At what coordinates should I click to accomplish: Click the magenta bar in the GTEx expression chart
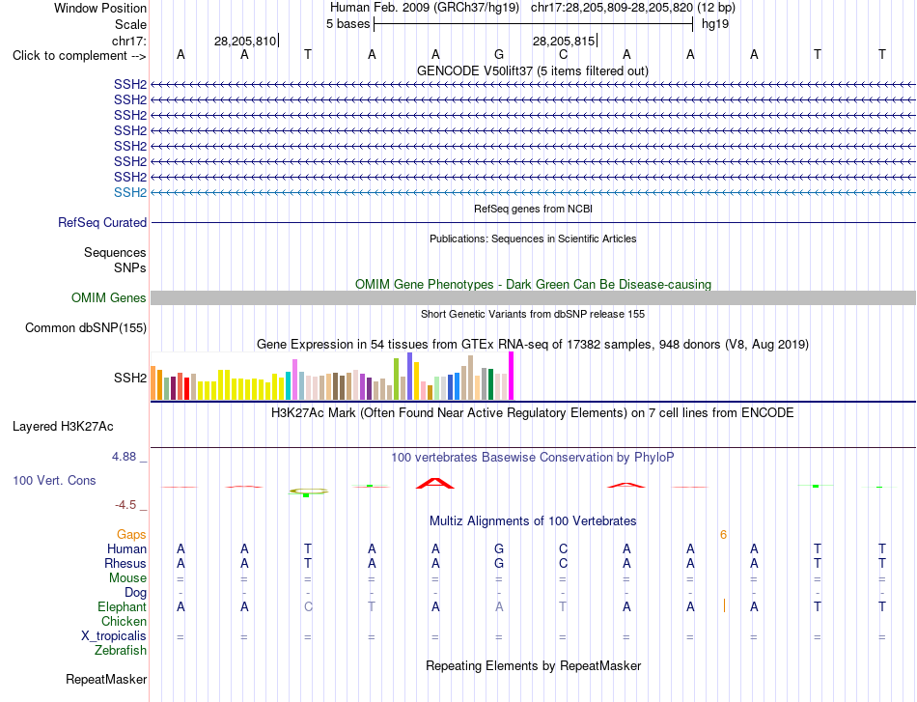point(512,376)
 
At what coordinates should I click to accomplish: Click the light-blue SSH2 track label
point(130,192)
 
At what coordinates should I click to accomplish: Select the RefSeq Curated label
point(102,222)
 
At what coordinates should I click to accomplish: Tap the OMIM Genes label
point(109,297)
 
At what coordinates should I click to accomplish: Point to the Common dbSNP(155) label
point(86,327)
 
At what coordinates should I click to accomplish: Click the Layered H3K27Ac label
point(63,427)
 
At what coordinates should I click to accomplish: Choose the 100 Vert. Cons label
point(54,480)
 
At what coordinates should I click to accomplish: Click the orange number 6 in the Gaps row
point(723,535)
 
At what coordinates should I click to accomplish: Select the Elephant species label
point(123,606)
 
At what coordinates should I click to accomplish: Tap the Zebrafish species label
point(121,650)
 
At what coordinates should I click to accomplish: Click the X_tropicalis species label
point(114,636)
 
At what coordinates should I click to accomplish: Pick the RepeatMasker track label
point(106,679)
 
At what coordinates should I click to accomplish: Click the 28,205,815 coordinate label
point(564,41)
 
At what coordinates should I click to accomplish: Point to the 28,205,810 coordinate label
point(245,41)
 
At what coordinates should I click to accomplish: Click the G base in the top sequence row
point(499,54)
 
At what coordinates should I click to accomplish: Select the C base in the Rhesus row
point(563,563)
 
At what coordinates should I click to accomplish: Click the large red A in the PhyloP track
point(435,483)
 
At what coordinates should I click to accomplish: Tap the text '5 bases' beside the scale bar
point(347,24)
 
